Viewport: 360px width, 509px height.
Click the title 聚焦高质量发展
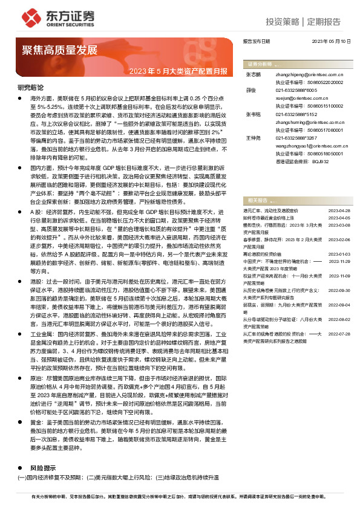(x=60, y=50)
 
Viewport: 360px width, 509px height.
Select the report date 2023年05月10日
(x=331, y=42)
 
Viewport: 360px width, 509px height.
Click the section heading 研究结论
(x=30, y=88)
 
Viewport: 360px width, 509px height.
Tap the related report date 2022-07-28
(x=339, y=333)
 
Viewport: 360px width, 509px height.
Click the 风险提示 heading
(x=43, y=468)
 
